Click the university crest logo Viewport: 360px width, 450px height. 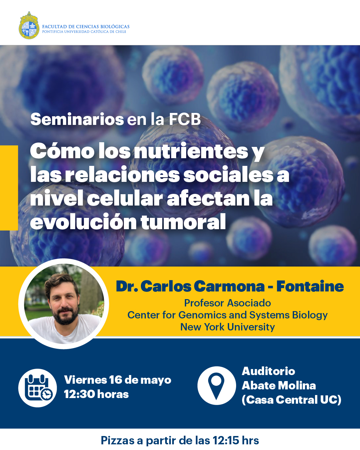pyautogui.click(x=29, y=25)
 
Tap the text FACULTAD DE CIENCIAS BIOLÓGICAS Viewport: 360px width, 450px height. pyautogui.click(x=86, y=27)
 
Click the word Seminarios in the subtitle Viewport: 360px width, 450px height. pyautogui.click(x=77, y=119)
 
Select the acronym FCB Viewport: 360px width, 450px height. pyautogui.click(x=185, y=119)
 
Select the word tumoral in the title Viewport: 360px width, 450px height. pyautogui.click(x=183, y=222)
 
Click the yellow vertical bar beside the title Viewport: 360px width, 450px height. pyautogui.click(x=9, y=188)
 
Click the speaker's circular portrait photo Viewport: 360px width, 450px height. pyautogui.click(x=64, y=304)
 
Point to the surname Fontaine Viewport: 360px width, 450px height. pyautogui.click(x=310, y=286)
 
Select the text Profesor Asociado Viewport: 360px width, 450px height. pyautogui.click(x=227, y=303)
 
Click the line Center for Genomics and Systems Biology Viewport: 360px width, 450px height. pyautogui.click(x=227, y=315)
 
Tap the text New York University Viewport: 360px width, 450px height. pyautogui.click(x=227, y=327)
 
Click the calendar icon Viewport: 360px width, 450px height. pyautogui.click(x=38, y=388)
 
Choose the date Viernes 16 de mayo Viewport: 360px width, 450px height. pyautogui.click(x=118, y=380)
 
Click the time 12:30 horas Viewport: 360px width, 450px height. pyautogui.click(x=96, y=394)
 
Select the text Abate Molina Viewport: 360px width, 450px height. pyautogui.click(x=279, y=385)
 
